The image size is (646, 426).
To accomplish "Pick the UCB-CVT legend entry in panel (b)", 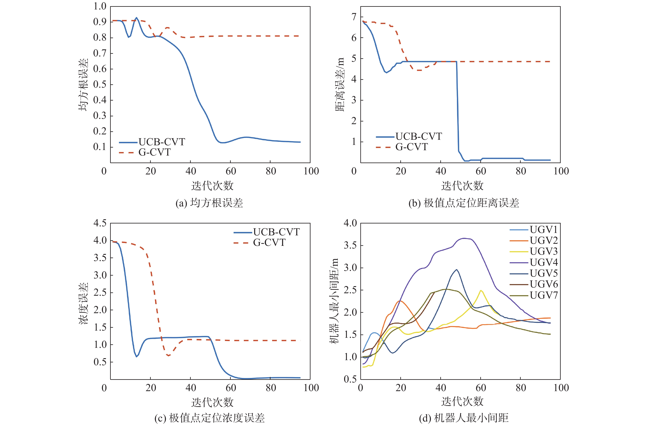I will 418,136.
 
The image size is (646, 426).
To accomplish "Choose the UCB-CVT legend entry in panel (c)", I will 276,232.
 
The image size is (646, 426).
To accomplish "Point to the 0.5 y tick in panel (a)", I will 100,85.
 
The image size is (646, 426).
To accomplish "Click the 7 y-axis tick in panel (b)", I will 354,17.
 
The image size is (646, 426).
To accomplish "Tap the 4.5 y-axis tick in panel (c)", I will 100,223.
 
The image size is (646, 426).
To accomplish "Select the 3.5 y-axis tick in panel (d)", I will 350,245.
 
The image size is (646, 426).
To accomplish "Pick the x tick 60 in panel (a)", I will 231,171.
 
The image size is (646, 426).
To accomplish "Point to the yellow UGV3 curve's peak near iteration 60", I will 481,290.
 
